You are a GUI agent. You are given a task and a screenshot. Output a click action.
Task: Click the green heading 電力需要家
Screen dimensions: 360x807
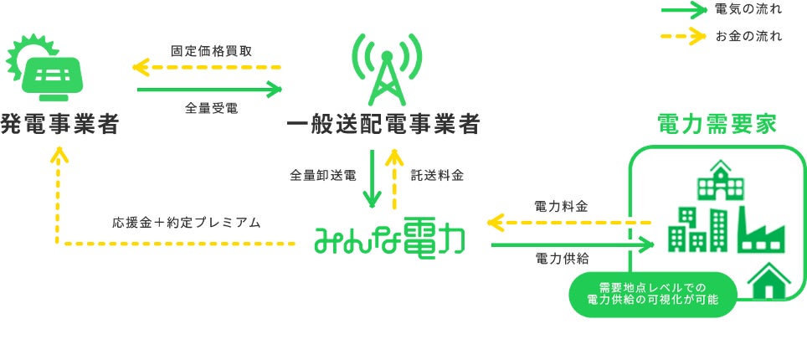coord(717,126)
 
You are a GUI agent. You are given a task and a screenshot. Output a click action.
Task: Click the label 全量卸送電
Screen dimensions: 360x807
coord(323,176)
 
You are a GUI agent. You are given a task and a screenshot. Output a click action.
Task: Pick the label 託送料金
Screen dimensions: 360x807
coord(436,176)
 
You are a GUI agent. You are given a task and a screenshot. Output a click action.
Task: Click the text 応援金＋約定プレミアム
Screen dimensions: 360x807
coord(187,224)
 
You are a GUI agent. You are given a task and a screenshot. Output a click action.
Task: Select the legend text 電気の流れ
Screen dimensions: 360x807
coord(748,11)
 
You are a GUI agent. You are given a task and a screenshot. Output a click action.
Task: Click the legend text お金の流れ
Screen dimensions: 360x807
coord(748,36)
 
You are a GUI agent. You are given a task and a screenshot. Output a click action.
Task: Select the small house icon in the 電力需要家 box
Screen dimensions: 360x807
coord(768,280)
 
